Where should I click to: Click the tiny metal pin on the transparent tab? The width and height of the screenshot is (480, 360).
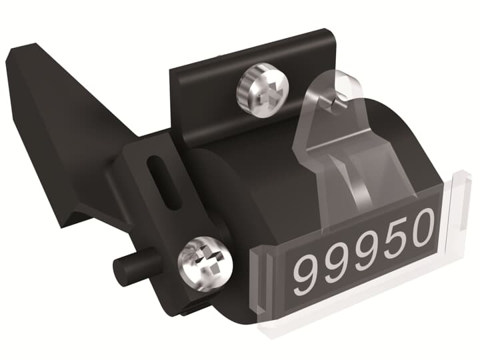tap(337, 102)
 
